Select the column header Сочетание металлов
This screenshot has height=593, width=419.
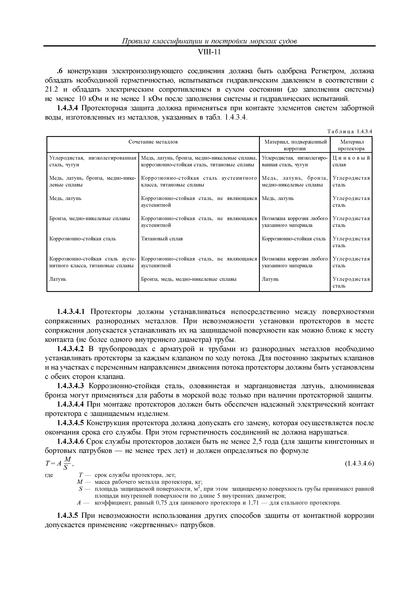coord(153,142)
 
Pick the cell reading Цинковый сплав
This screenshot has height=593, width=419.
coord(351,161)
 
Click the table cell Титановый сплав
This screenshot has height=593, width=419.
coord(162,239)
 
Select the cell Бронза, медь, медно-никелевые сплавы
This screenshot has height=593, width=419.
coord(189,279)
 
